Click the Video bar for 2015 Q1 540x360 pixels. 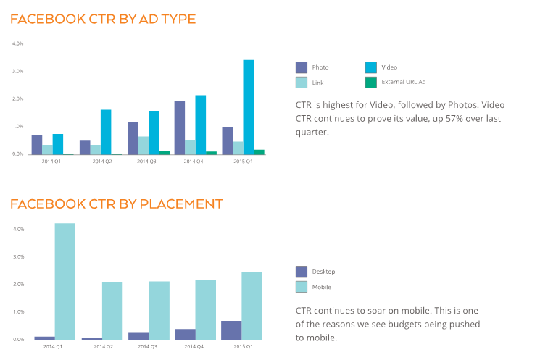pyautogui.click(x=248, y=107)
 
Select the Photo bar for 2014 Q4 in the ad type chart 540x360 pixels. pyautogui.click(x=179, y=127)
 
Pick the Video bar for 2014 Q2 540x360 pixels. pyautogui.click(x=106, y=132)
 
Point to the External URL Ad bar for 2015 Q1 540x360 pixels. pyautogui.click(x=259, y=151)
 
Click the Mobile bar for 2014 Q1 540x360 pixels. pyautogui.click(x=65, y=281)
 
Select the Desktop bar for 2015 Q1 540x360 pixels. pyautogui.click(x=231, y=330)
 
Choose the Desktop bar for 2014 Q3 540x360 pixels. pyautogui.click(x=138, y=336)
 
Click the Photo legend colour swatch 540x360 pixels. pyautogui.click(x=302, y=67)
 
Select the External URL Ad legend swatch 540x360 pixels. pyautogui.click(x=371, y=82)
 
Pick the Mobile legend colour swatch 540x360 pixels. pyautogui.click(x=302, y=287)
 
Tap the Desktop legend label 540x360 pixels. pyautogui.click(x=324, y=272)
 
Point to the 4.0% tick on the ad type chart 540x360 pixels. pyautogui.click(x=18, y=43)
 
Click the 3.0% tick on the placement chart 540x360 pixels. pyautogui.click(x=18, y=256)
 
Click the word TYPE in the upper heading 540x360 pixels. pyautogui.click(x=173, y=19)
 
